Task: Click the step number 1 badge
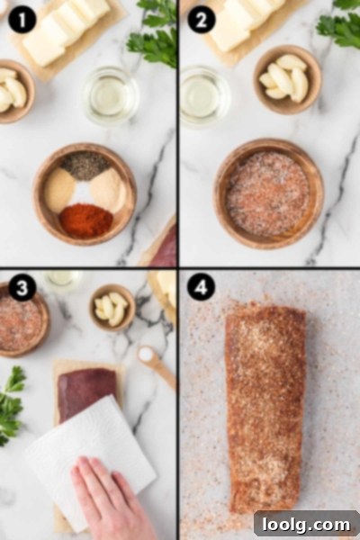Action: click(22, 19)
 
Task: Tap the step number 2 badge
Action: click(201, 19)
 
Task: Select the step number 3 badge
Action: click(22, 287)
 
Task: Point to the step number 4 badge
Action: click(201, 287)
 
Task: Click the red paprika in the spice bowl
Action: click(86, 220)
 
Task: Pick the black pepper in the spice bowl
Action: click(85, 166)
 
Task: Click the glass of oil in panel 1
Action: click(111, 95)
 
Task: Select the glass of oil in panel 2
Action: click(204, 95)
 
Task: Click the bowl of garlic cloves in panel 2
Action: click(288, 79)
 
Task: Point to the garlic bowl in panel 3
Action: click(112, 308)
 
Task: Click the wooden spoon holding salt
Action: click(157, 367)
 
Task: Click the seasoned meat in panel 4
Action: click(266, 408)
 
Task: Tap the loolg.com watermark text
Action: click(306, 525)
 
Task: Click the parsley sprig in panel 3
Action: click(12, 405)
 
